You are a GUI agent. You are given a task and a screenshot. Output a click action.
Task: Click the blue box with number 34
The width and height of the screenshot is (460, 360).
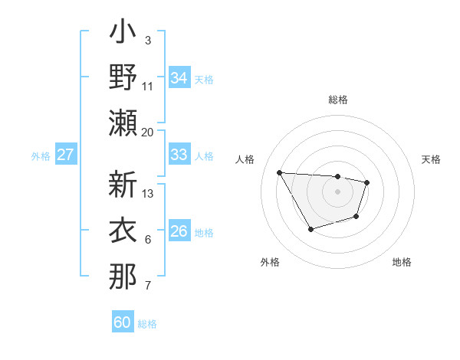[179, 78]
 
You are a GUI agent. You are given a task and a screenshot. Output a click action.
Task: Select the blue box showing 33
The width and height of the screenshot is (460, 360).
[179, 155]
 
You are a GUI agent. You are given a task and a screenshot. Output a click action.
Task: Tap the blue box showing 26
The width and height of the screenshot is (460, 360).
[179, 232]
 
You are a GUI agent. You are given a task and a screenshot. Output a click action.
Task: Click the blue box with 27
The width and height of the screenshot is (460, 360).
[66, 155]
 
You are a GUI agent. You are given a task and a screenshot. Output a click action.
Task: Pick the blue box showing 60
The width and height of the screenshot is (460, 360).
[123, 322]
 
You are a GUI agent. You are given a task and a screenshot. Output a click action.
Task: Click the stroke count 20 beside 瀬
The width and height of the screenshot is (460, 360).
[147, 132]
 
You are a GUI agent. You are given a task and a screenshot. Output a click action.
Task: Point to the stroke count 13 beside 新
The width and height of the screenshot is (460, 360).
[149, 193]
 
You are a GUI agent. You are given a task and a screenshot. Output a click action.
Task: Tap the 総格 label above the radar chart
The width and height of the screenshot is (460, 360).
[337, 100]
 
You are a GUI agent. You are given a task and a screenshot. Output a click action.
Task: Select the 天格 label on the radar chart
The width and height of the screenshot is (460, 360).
[431, 159]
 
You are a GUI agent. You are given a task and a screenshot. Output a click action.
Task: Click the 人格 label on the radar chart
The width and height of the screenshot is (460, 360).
[245, 159]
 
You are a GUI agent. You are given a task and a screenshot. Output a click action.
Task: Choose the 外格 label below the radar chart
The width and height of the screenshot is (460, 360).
[270, 262]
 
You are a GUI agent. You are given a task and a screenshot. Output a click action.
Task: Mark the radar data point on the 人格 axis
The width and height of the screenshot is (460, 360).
[279, 172]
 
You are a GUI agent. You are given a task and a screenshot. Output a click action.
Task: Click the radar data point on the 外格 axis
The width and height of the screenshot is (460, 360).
[310, 229]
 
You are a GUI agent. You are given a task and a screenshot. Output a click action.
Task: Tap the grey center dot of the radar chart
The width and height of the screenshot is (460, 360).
[337, 191]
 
